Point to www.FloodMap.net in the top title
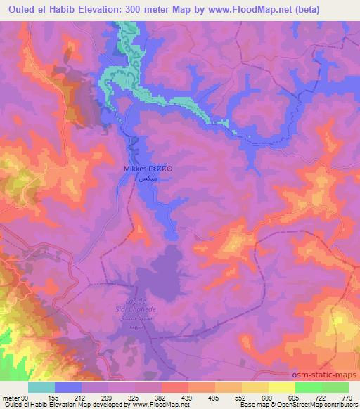(x=253, y=8)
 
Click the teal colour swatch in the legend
(x=41, y=388)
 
